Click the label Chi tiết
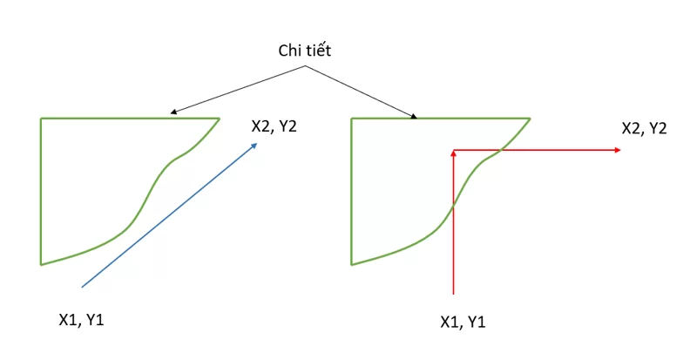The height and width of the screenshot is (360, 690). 305,51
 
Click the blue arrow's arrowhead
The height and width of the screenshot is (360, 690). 254,146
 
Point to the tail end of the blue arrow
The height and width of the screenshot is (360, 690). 82,288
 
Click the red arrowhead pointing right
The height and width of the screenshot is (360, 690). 618,150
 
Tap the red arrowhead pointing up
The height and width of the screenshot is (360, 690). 453,153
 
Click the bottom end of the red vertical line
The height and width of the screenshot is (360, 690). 453,294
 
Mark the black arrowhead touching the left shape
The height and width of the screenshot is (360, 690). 173,112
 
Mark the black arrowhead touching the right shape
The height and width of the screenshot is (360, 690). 414,116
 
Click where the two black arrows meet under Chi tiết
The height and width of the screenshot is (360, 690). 305,66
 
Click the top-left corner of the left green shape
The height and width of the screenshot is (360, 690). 41,119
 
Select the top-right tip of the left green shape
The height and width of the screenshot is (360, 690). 220,119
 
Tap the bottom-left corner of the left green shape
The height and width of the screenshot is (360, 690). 41,264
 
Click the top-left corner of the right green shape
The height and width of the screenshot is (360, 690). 352,119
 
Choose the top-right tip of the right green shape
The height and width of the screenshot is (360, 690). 530,119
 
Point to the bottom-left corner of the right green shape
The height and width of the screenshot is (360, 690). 352,264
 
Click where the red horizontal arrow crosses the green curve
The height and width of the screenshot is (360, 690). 500,151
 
